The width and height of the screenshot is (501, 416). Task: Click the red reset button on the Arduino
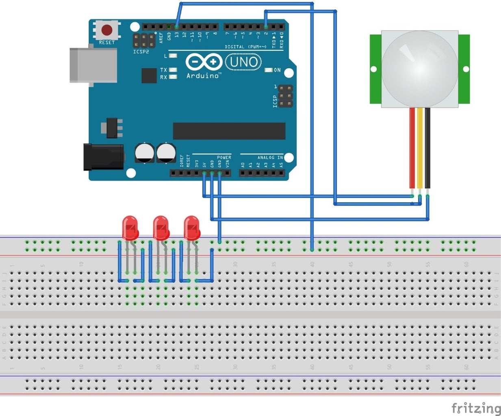coord(107,30)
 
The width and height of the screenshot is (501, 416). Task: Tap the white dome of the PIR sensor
coord(419,67)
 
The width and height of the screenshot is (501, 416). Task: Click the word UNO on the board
coord(244,62)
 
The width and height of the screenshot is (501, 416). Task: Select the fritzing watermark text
coord(476,407)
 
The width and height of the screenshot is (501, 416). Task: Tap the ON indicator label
coord(277,70)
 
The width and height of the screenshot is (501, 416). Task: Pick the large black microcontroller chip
coord(229,131)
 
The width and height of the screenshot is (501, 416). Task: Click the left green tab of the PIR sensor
coord(375,69)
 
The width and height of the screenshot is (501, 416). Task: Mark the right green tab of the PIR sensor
coord(464,69)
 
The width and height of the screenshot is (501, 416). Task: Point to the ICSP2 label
coord(141,52)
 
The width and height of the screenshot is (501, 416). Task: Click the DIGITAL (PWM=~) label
coord(246,47)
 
